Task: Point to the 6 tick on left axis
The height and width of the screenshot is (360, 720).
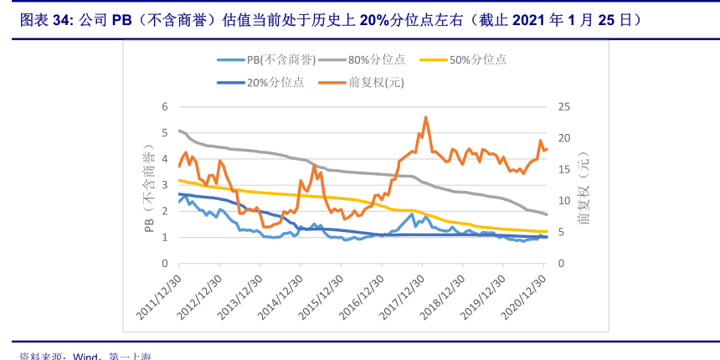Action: pyautogui.click(x=165, y=106)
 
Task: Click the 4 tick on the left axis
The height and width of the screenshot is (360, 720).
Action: pyautogui.click(x=165, y=159)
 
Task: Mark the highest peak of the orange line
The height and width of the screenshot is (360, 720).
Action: pyautogui.click(x=426, y=117)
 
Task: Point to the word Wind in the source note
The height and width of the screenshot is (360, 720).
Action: pyautogui.click(x=86, y=356)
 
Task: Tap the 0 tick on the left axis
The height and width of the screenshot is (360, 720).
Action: pyautogui.click(x=165, y=264)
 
